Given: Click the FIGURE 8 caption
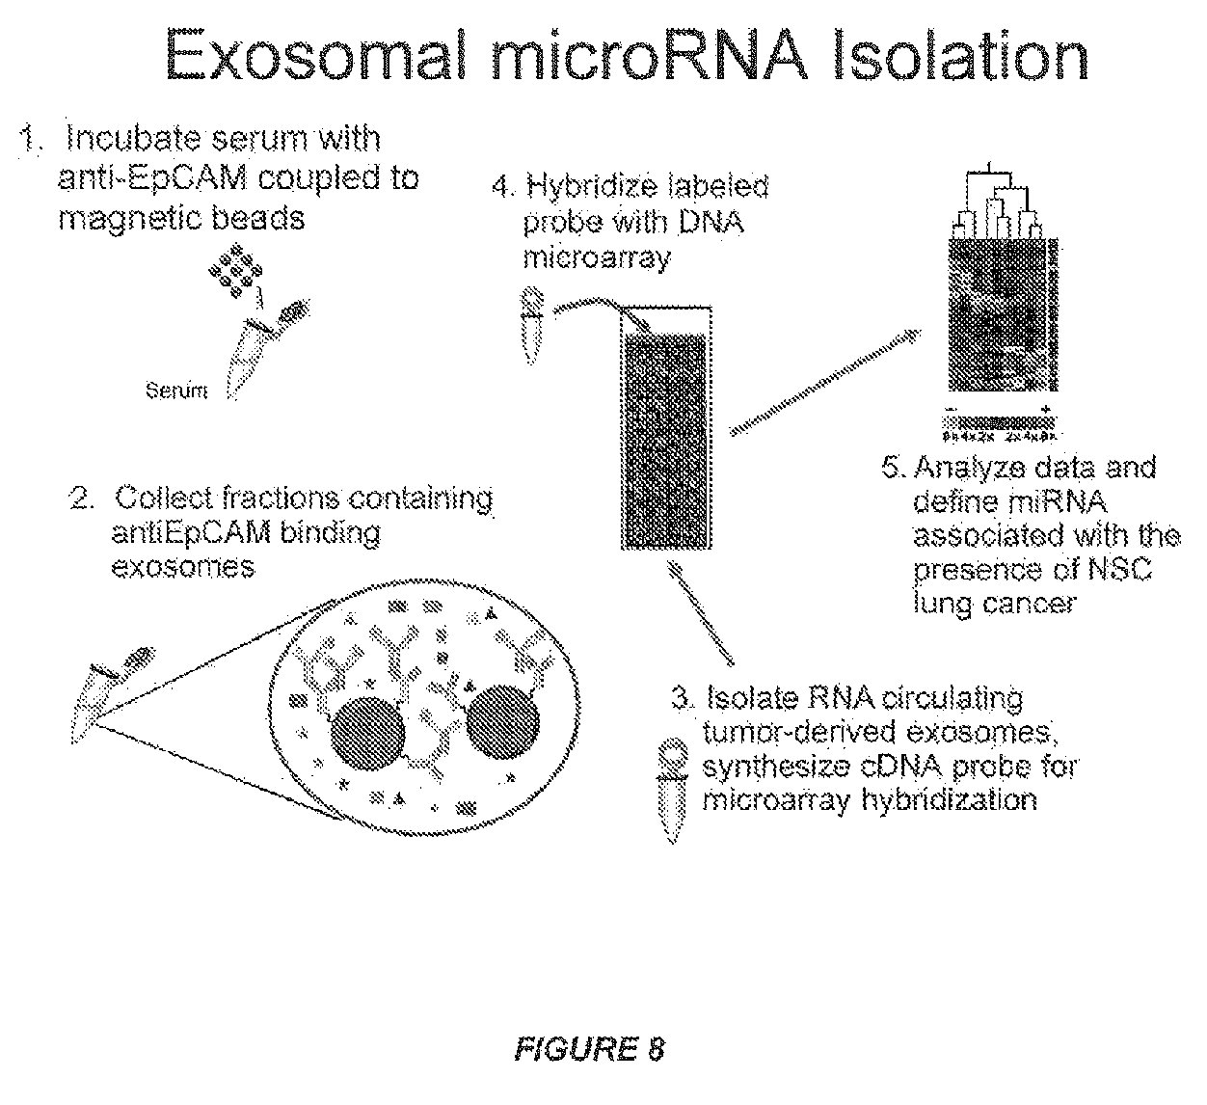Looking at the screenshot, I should (591, 1048).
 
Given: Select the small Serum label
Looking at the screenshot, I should (175, 391).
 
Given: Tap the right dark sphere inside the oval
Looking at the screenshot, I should (504, 722).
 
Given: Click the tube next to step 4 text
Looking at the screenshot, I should (530, 323).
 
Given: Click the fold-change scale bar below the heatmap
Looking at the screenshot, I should (999, 421).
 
